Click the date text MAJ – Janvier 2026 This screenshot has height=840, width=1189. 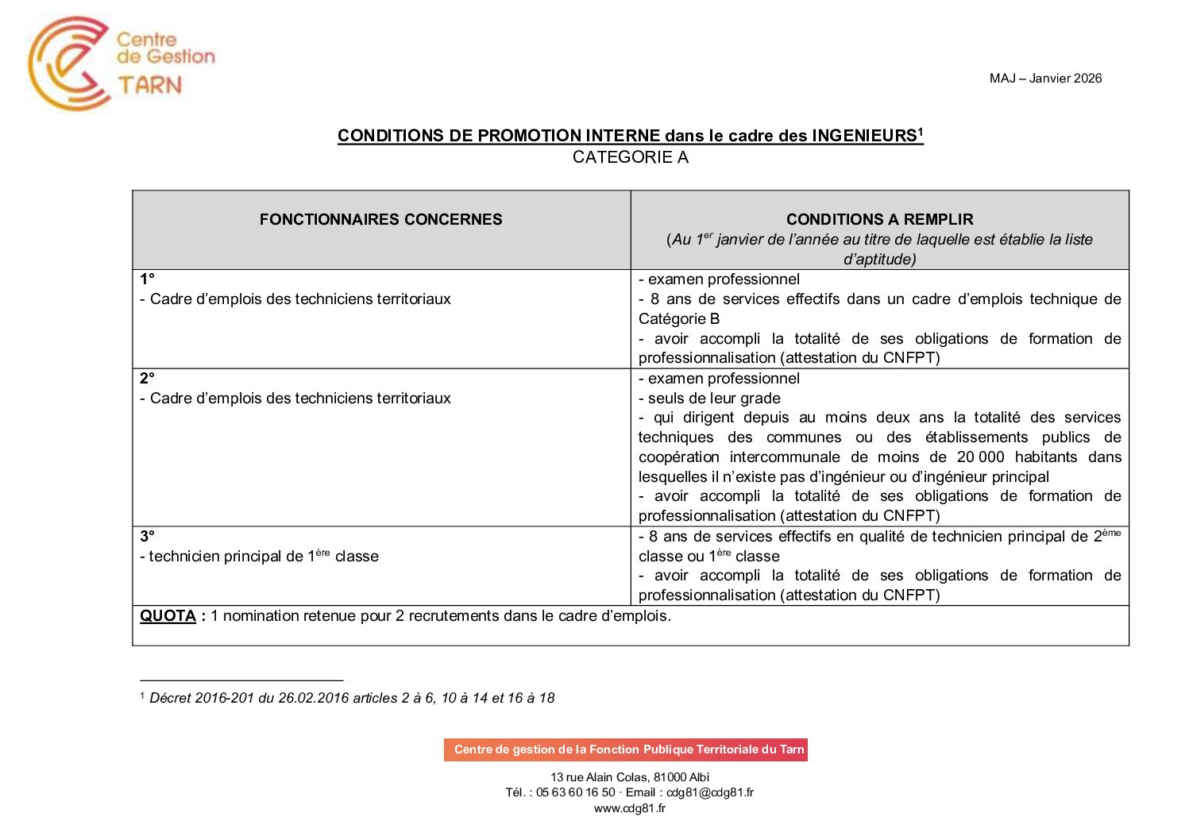coord(1045,78)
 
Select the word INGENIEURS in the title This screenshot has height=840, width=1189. coord(864,136)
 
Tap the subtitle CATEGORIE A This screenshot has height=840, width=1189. coord(630,157)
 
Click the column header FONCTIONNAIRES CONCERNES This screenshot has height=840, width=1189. coord(380,220)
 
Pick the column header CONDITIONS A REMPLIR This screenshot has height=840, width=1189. coord(879,220)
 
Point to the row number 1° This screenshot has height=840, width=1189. coord(148,279)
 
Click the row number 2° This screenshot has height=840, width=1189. coord(148,379)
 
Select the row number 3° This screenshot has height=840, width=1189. coord(148,537)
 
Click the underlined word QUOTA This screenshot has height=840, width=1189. coord(168,616)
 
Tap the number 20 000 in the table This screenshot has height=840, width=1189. coord(980,457)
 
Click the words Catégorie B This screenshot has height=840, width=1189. coord(679,319)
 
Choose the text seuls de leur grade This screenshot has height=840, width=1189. coord(714,399)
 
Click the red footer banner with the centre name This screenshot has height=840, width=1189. coord(626,749)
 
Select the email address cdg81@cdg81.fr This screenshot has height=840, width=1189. coord(710,792)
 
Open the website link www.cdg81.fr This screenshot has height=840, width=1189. coord(630,809)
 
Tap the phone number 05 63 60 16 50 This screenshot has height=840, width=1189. coord(575,792)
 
